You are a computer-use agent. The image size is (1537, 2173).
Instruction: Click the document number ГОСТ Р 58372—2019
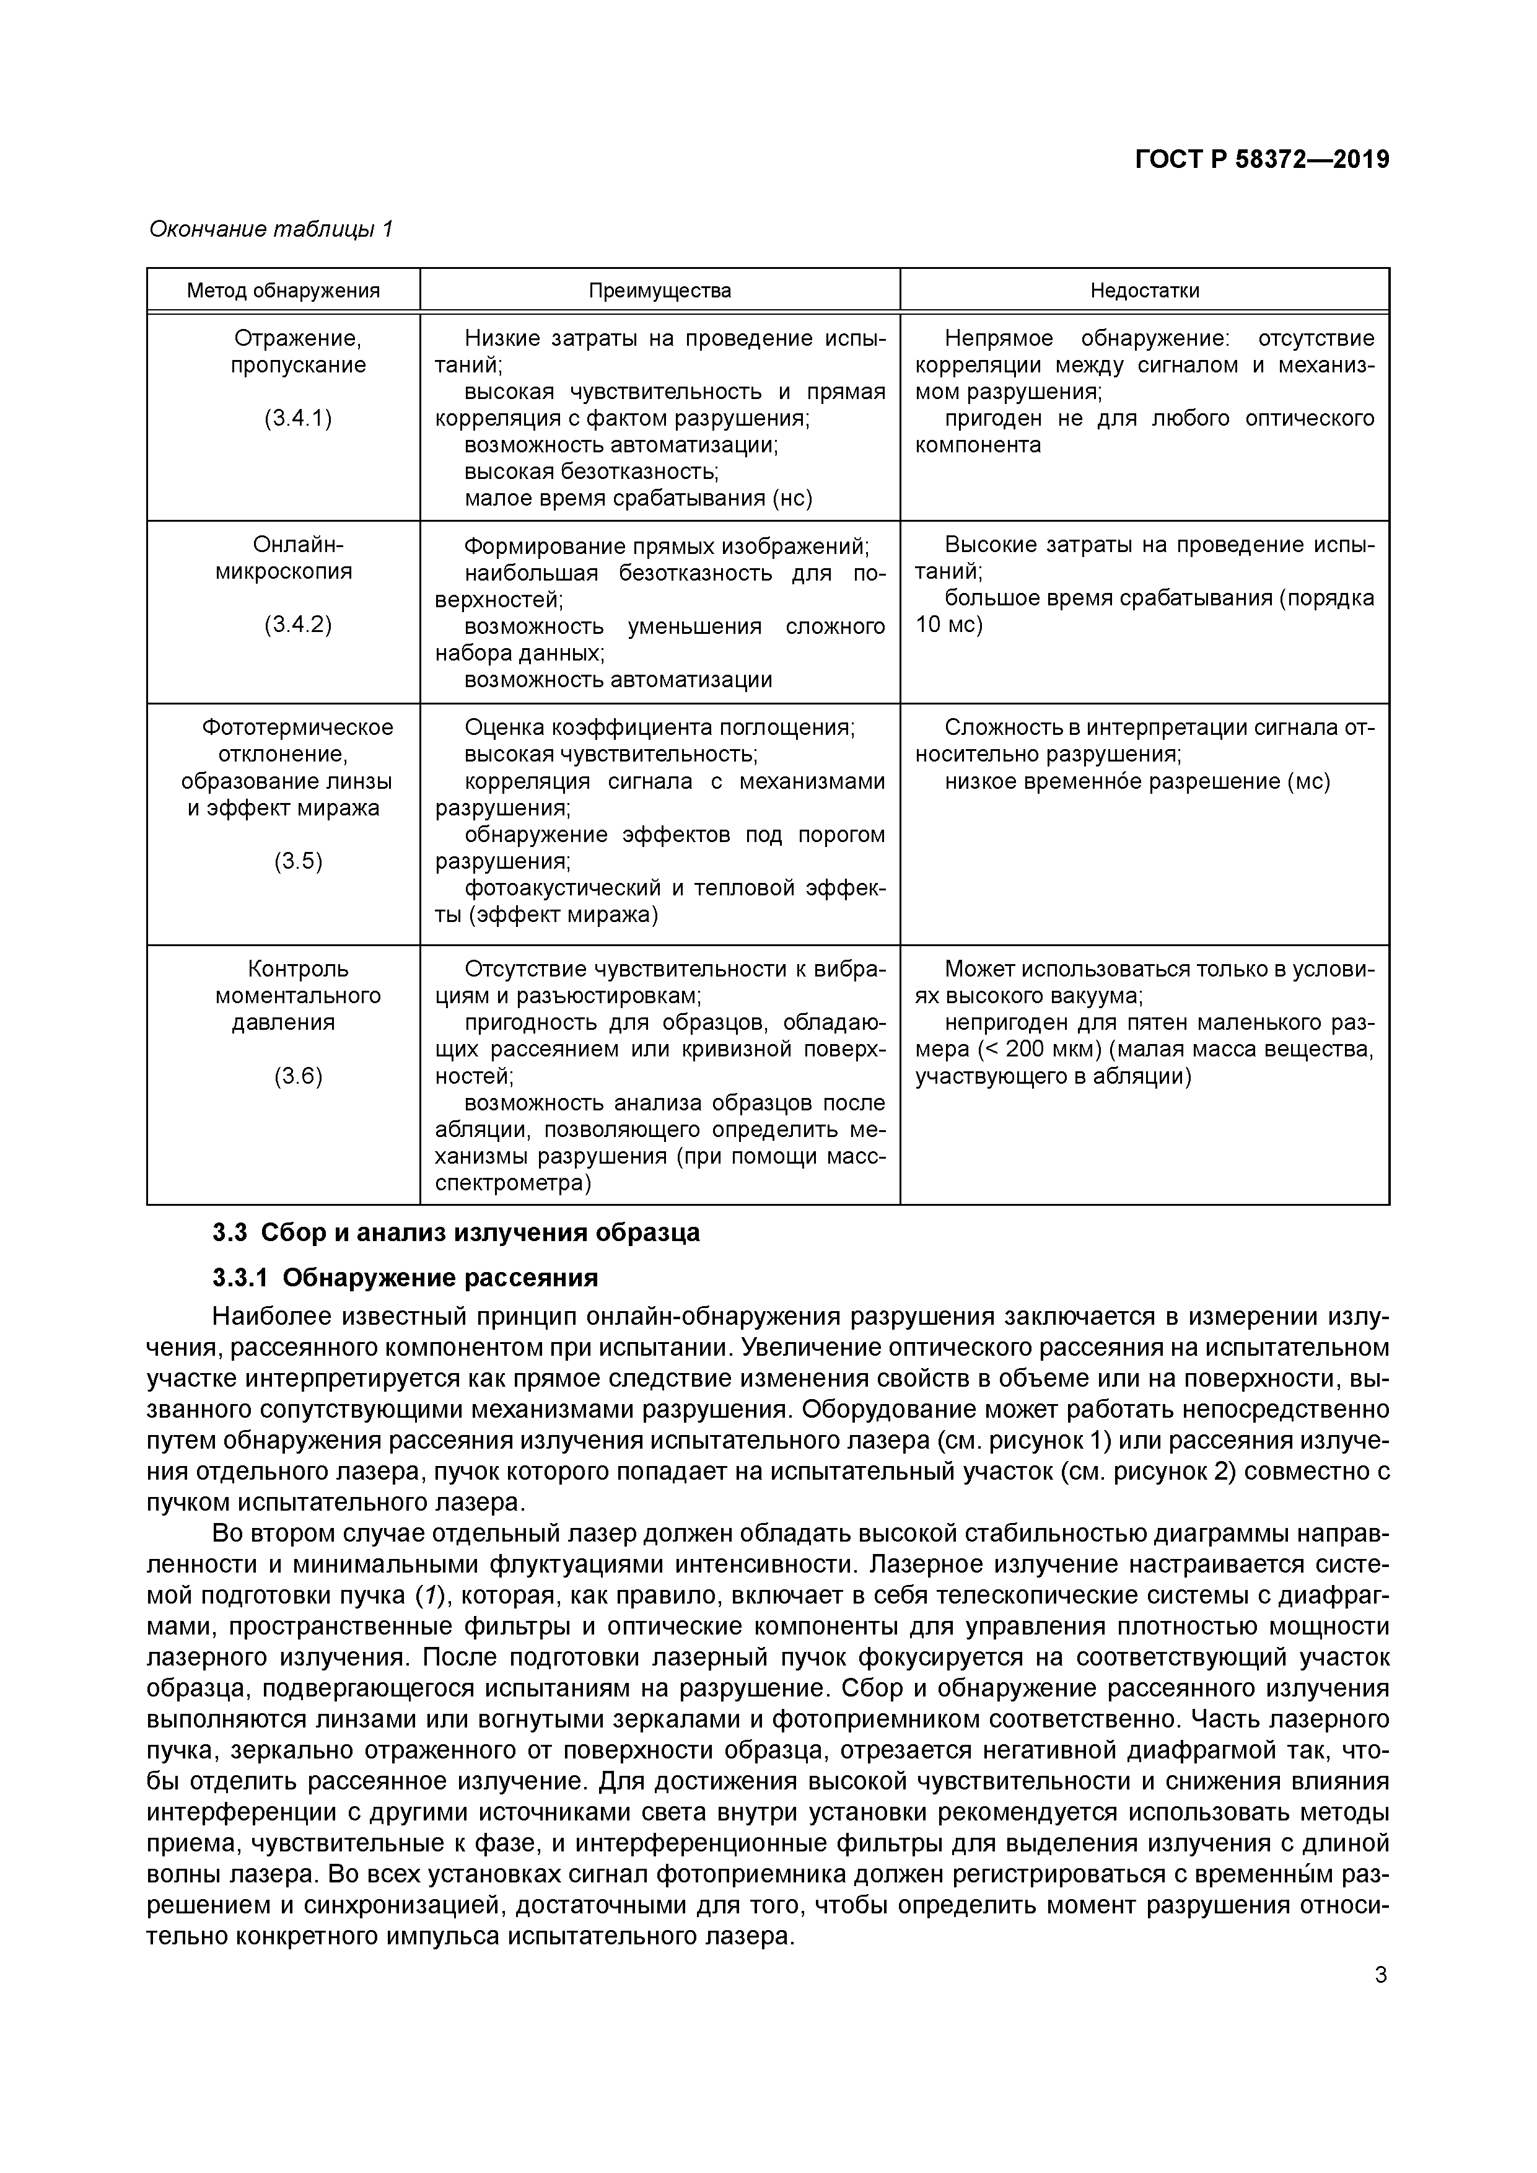point(1261,160)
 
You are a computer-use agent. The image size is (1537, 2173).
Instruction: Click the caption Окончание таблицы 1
point(271,229)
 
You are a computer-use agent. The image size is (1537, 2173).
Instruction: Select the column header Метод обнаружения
point(283,291)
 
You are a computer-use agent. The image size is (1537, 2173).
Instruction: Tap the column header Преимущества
point(660,291)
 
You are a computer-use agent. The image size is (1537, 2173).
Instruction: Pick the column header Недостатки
point(1144,291)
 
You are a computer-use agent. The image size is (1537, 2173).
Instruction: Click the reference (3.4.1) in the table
point(298,418)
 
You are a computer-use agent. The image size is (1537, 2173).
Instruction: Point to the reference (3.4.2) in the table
point(298,625)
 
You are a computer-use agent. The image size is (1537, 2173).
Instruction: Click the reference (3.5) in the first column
point(298,861)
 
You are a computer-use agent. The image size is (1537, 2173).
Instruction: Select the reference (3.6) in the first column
point(298,1076)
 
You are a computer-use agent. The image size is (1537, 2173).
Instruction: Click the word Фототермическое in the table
point(298,728)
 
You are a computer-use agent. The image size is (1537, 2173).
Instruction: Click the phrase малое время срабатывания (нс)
point(638,499)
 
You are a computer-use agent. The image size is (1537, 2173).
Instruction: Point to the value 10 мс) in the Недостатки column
point(948,625)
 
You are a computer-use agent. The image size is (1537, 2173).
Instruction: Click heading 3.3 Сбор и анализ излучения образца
point(456,1233)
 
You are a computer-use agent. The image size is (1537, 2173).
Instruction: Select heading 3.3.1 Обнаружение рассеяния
point(405,1279)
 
